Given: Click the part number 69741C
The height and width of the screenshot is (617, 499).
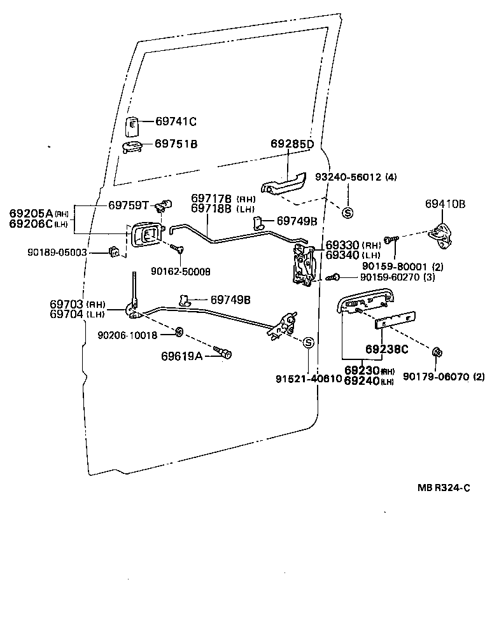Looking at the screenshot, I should [176, 121].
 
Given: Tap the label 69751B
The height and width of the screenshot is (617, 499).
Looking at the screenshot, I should [176, 144].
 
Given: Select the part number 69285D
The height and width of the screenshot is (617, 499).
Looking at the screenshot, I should [292, 144].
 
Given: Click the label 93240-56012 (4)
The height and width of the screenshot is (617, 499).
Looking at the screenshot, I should [356, 177].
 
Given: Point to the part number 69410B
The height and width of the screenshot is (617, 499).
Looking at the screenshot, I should [445, 204].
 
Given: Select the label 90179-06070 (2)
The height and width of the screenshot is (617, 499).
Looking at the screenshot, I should [440, 377].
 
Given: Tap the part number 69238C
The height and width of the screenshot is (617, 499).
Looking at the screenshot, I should [386, 349].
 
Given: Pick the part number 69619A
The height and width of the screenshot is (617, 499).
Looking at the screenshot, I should [181, 356].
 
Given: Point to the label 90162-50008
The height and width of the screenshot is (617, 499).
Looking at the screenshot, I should [181, 272].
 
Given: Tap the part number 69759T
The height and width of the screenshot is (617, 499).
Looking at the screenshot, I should [128, 205].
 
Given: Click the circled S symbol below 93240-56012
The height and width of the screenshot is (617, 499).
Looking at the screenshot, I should [348, 213].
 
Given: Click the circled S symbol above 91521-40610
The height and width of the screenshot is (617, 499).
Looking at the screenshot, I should [307, 343].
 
